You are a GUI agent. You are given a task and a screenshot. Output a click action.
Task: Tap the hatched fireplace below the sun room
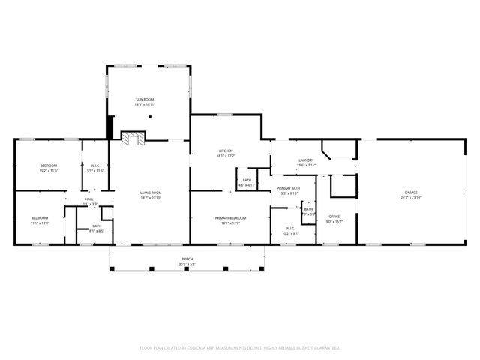point(133,137)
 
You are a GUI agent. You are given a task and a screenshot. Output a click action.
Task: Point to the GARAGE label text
point(412,193)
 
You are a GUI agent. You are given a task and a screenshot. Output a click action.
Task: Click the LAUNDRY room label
point(305,160)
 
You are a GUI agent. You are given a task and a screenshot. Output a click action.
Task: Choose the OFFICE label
point(334,217)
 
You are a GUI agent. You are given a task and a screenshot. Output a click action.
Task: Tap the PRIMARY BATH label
point(289,188)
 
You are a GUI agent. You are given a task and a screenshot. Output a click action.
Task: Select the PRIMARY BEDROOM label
point(229,217)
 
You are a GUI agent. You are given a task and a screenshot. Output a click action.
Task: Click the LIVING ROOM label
point(151,193)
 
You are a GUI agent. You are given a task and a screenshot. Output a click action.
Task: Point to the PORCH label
point(187,259)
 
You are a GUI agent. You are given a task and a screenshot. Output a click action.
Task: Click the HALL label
point(88,199)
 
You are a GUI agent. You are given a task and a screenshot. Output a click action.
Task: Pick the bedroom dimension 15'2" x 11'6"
point(48,171)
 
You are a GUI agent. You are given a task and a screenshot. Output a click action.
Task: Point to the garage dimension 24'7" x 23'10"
point(412,197)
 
